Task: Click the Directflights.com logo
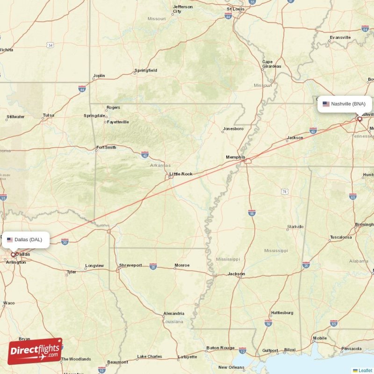point(35,351)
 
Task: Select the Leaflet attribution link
point(365,370)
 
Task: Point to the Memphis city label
point(235,158)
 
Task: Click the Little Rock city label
point(181,174)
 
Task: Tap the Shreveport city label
point(130,265)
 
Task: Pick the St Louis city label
point(236,9)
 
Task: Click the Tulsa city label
point(48,115)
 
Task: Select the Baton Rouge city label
point(220,348)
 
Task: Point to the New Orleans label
point(231,367)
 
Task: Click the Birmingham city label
point(364,224)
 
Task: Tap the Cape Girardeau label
point(271,64)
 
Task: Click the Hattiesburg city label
point(282,313)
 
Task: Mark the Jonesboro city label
point(233,129)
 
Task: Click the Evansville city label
point(340,37)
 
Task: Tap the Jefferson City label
point(182,9)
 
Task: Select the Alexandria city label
point(173,314)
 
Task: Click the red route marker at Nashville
point(360,119)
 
